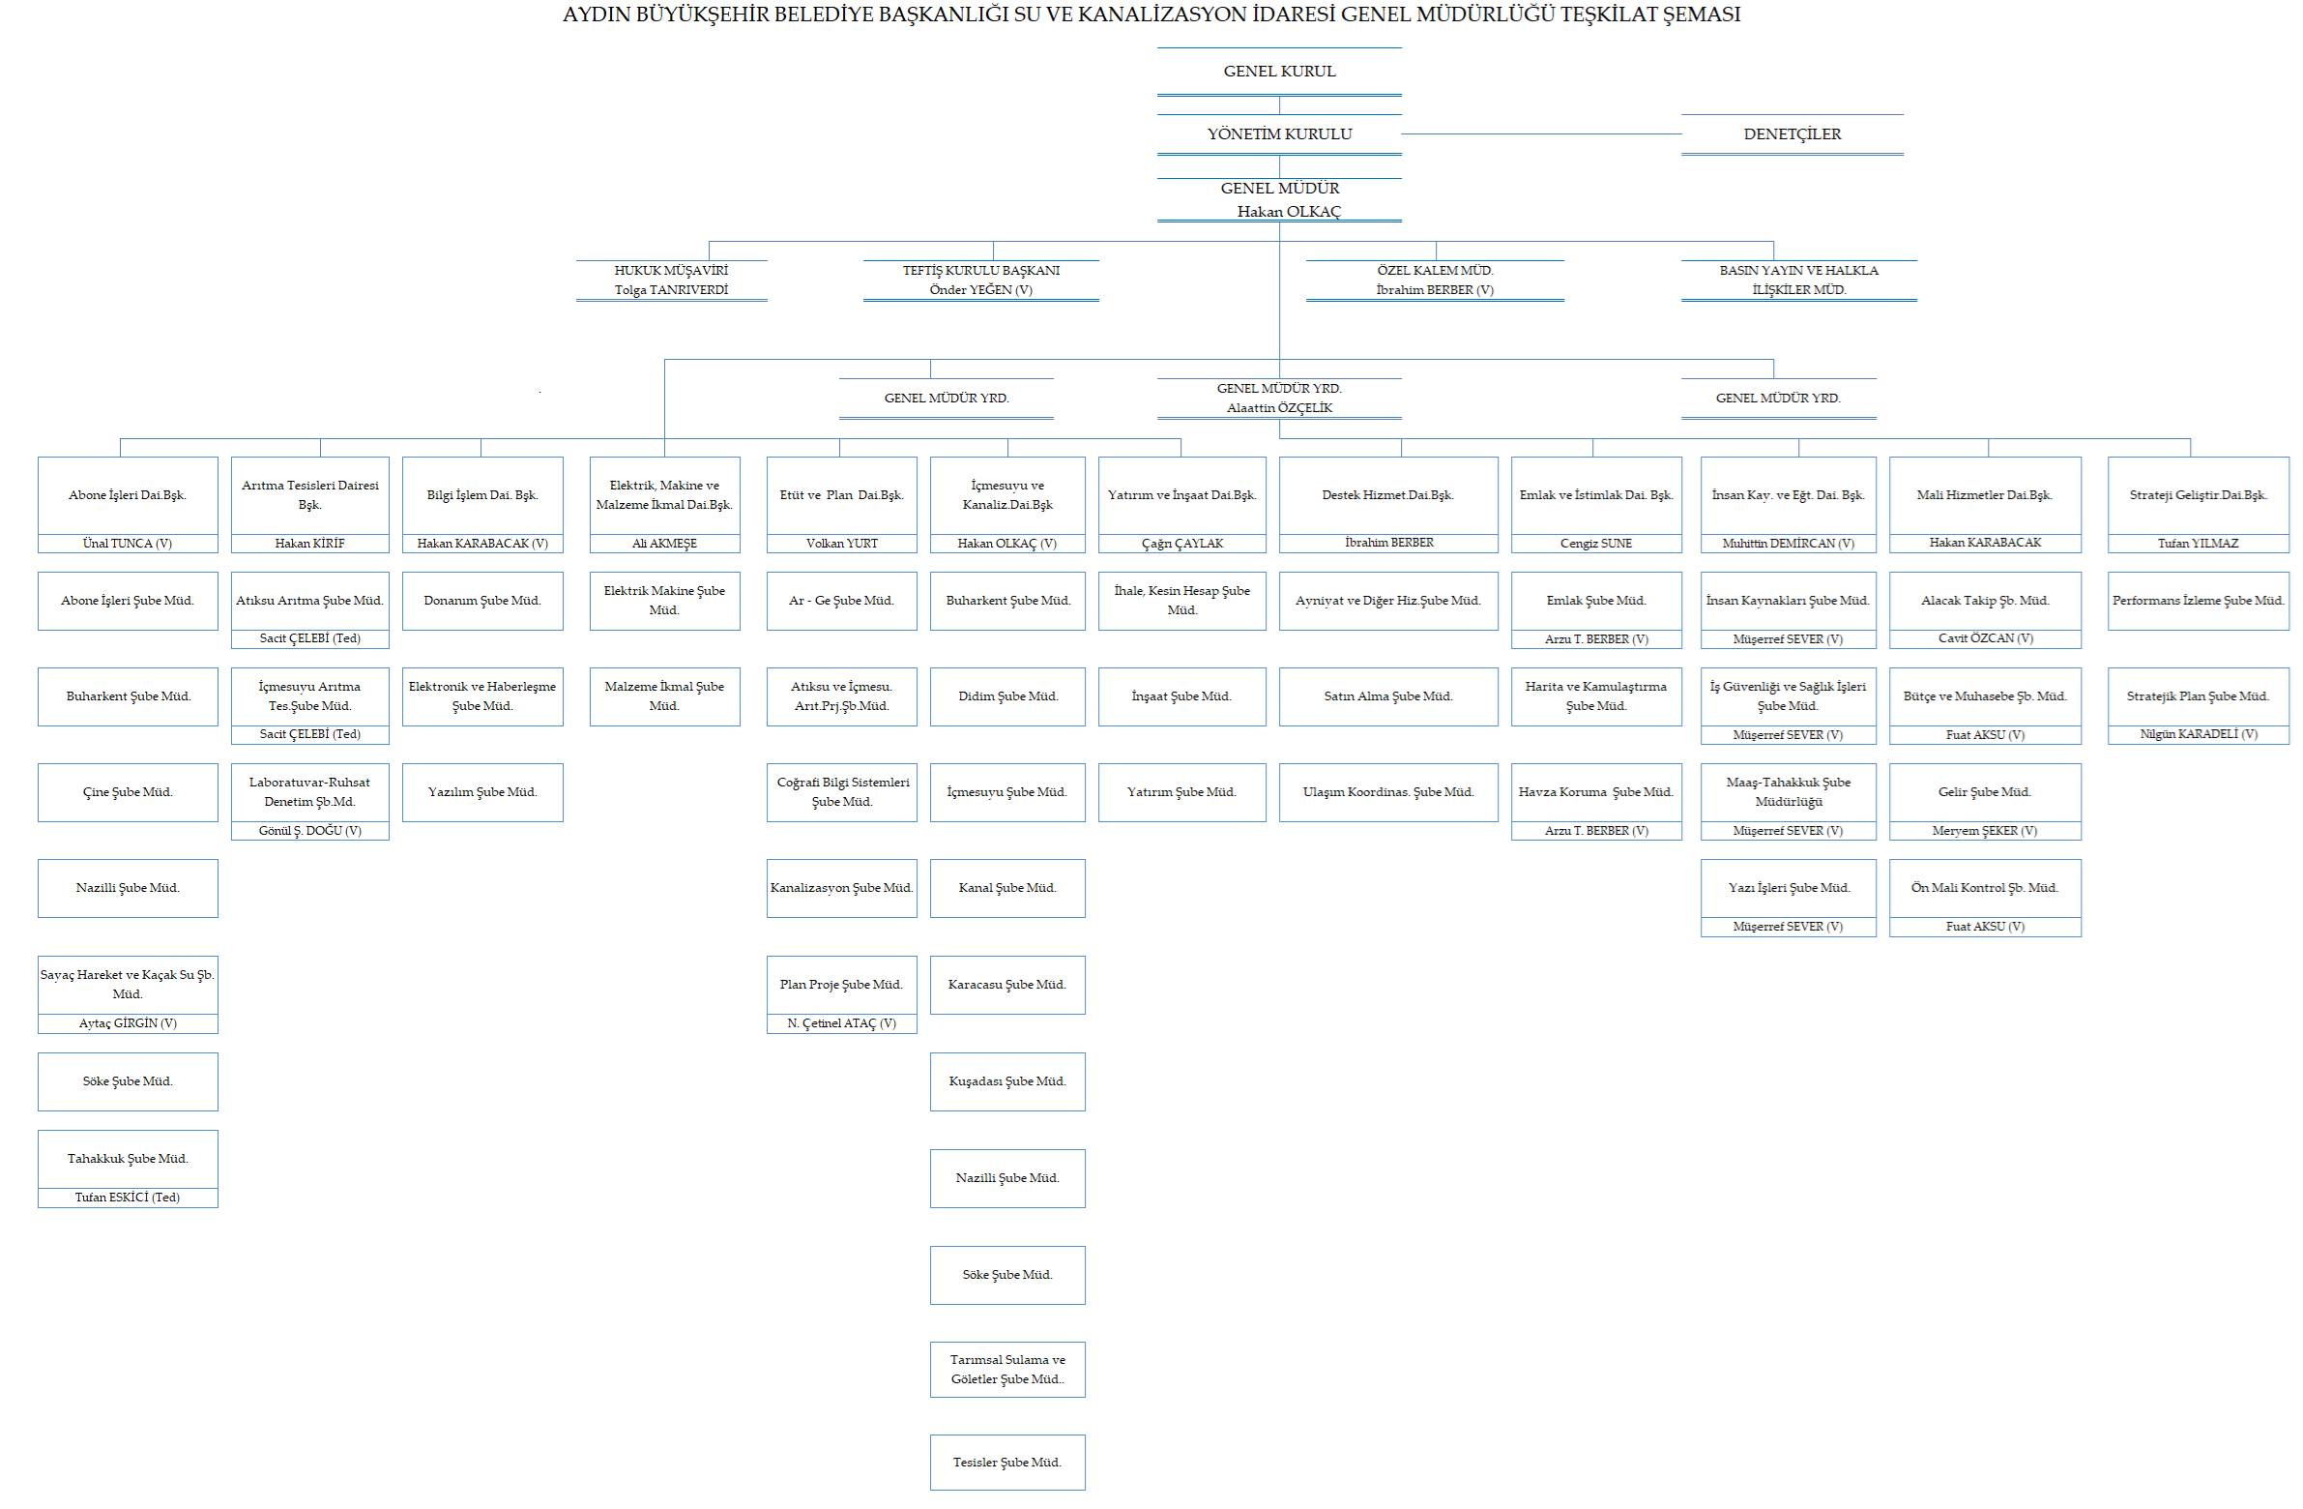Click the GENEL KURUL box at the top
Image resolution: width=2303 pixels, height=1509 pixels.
click(x=1279, y=72)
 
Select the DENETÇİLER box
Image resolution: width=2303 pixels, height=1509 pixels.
click(x=1793, y=134)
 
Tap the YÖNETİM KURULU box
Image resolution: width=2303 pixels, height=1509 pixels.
click(x=1279, y=134)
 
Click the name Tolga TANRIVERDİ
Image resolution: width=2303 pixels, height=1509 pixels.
click(x=672, y=290)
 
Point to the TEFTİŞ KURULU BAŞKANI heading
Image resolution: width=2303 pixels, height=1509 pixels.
click(x=981, y=271)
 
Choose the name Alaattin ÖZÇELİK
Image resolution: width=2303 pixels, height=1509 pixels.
click(x=1279, y=408)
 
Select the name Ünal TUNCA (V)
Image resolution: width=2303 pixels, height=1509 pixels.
click(x=128, y=544)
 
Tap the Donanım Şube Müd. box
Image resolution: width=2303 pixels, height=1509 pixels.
click(x=482, y=601)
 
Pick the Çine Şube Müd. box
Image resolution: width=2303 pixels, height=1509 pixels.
click(x=128, y=793)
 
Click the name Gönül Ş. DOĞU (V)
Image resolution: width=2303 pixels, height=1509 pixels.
click(x=309, y=832)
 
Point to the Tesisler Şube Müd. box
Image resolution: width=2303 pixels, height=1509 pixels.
click(x=1007, y=1463)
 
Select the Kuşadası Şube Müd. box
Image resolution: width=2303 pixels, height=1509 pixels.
click(x=1007, y=1082)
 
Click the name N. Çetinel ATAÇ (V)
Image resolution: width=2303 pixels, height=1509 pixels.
click(x=842, y=1024)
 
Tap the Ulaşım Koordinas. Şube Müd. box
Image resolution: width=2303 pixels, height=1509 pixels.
click(x=1388, y=793)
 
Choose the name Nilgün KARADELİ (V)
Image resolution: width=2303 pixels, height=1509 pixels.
click(x=2199, y=734)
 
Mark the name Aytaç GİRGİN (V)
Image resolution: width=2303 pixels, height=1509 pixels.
click(x=128, y=1024)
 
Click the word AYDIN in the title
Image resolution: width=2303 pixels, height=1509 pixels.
click(x=597, y=15)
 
